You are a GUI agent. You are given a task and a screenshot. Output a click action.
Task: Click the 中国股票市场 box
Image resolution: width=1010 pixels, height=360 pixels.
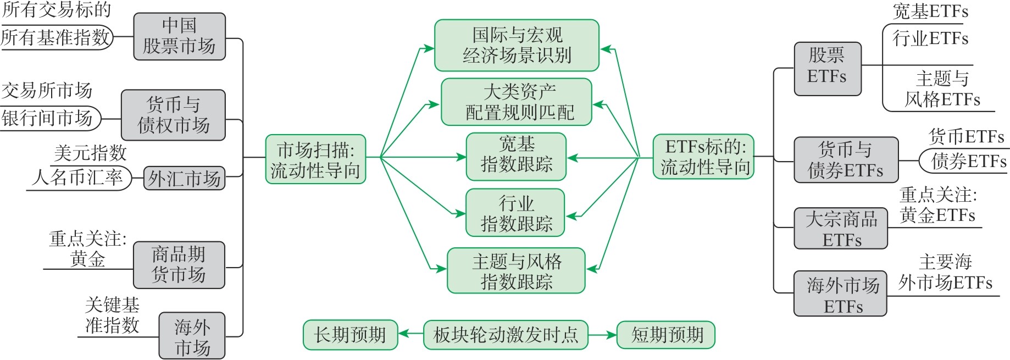click(179, 36)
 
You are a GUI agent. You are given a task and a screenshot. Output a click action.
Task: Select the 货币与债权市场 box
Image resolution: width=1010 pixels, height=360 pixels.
click(173, 115)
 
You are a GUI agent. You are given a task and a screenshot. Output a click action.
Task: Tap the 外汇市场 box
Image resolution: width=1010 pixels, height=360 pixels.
click(184, 179)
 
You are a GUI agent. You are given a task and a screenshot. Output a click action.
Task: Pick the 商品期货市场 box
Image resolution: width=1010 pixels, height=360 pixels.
click(179, 265)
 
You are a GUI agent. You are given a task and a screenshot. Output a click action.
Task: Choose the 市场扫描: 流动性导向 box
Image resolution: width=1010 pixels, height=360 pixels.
click(315, 159)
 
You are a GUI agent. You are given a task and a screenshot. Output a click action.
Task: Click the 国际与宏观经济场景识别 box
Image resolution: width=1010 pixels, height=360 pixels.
click(517, 46)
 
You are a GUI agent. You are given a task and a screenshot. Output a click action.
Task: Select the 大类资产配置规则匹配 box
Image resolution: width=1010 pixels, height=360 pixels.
click(517, 102)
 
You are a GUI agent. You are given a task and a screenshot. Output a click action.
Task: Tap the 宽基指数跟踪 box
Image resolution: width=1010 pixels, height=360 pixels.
click(516, 157)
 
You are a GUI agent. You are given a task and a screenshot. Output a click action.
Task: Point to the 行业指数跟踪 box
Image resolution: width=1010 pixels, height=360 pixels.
click(515, 213)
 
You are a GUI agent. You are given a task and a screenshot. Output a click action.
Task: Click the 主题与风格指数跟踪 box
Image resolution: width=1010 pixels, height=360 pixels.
click(516, 271)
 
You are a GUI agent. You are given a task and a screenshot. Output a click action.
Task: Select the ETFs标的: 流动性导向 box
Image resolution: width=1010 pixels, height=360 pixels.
click(703, 157)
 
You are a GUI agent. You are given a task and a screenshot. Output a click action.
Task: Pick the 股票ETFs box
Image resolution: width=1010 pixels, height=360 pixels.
click(827, 69)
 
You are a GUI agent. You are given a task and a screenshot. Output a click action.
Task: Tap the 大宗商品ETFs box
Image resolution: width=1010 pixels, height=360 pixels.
click(841, 229)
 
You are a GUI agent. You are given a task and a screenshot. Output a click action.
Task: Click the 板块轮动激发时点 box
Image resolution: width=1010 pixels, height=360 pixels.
click(506, 335)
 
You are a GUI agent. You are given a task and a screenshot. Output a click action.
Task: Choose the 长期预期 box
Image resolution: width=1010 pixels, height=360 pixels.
click(350, 335)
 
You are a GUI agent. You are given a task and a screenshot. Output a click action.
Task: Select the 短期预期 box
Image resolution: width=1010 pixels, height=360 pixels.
click(666, 335)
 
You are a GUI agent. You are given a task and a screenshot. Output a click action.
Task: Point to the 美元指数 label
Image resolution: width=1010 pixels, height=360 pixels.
click(90, 153)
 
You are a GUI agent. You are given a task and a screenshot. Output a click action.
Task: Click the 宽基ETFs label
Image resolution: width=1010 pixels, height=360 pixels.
click(930, 12)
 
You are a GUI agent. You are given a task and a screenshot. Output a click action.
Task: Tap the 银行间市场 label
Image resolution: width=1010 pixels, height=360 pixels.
click(48, 118)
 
